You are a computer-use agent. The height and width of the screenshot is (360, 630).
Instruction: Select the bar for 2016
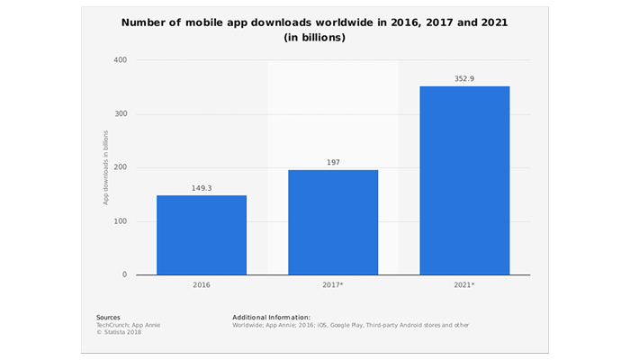click(x=202, y=235)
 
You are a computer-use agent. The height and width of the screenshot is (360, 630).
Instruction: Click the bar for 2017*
click(x=333, y=222)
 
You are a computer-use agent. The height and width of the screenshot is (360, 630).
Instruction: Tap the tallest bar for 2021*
click(x=464, y=180)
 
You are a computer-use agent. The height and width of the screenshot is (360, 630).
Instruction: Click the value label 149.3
click(x=202, y=189)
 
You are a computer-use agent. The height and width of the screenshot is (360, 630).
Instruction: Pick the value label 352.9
click(x=464, y=79)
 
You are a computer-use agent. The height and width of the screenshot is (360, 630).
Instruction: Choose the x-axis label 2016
click(x=202, y=286)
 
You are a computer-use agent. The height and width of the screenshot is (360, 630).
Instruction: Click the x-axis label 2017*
click(x=334, y=286)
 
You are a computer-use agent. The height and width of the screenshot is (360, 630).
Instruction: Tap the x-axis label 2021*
click(x=465, y=286)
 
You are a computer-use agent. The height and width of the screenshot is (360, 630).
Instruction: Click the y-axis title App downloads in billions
click(x=105, y=167)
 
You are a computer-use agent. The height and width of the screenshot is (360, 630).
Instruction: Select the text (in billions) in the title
click(x=315, y=38)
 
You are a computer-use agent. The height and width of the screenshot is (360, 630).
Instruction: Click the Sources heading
click(x=108, y=318)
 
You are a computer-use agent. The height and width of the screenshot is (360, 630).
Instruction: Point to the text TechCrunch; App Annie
click(x=128, y=325)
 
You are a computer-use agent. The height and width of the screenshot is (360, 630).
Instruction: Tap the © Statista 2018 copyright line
click(x=119, y=332)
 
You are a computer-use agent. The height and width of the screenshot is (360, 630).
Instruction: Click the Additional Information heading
click(x=271, y=318)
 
